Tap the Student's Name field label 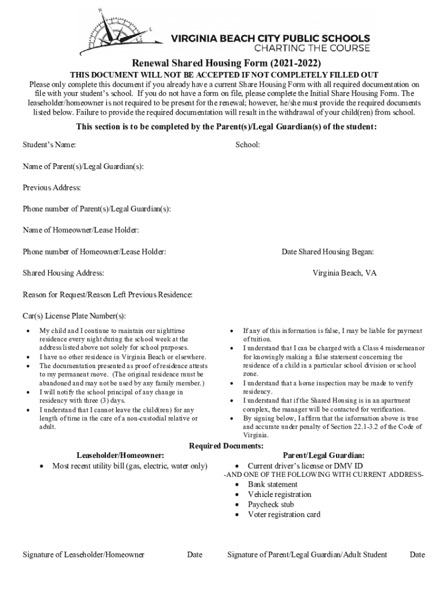point(49,145)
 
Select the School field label point(247,145)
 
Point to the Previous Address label point(52,188)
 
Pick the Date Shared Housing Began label point(328,251)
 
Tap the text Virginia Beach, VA point(345,273)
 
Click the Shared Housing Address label point(63,273)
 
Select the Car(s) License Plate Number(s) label point(74,316)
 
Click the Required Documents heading point(227,446)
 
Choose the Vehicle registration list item point(280,494)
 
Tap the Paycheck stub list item point(271,504)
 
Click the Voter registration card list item point(284,514)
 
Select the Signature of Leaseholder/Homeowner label point(83,554)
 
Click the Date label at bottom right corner point(417,554)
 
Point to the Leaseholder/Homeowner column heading point(124,456)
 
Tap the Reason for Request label point(108,294)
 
